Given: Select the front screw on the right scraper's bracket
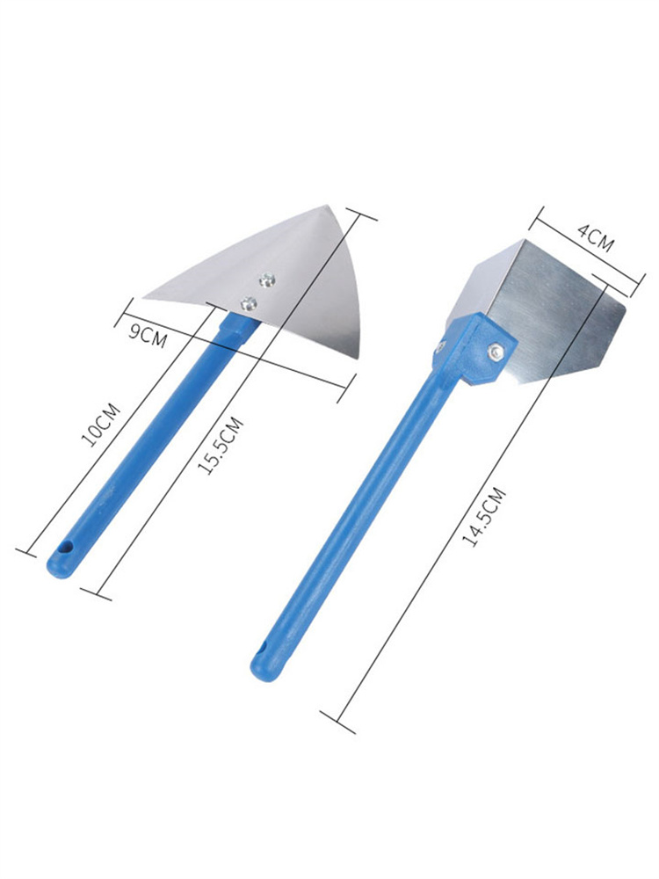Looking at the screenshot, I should point(496,352).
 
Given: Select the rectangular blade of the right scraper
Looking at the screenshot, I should point(545,308).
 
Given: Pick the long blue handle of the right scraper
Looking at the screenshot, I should point(351,510).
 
